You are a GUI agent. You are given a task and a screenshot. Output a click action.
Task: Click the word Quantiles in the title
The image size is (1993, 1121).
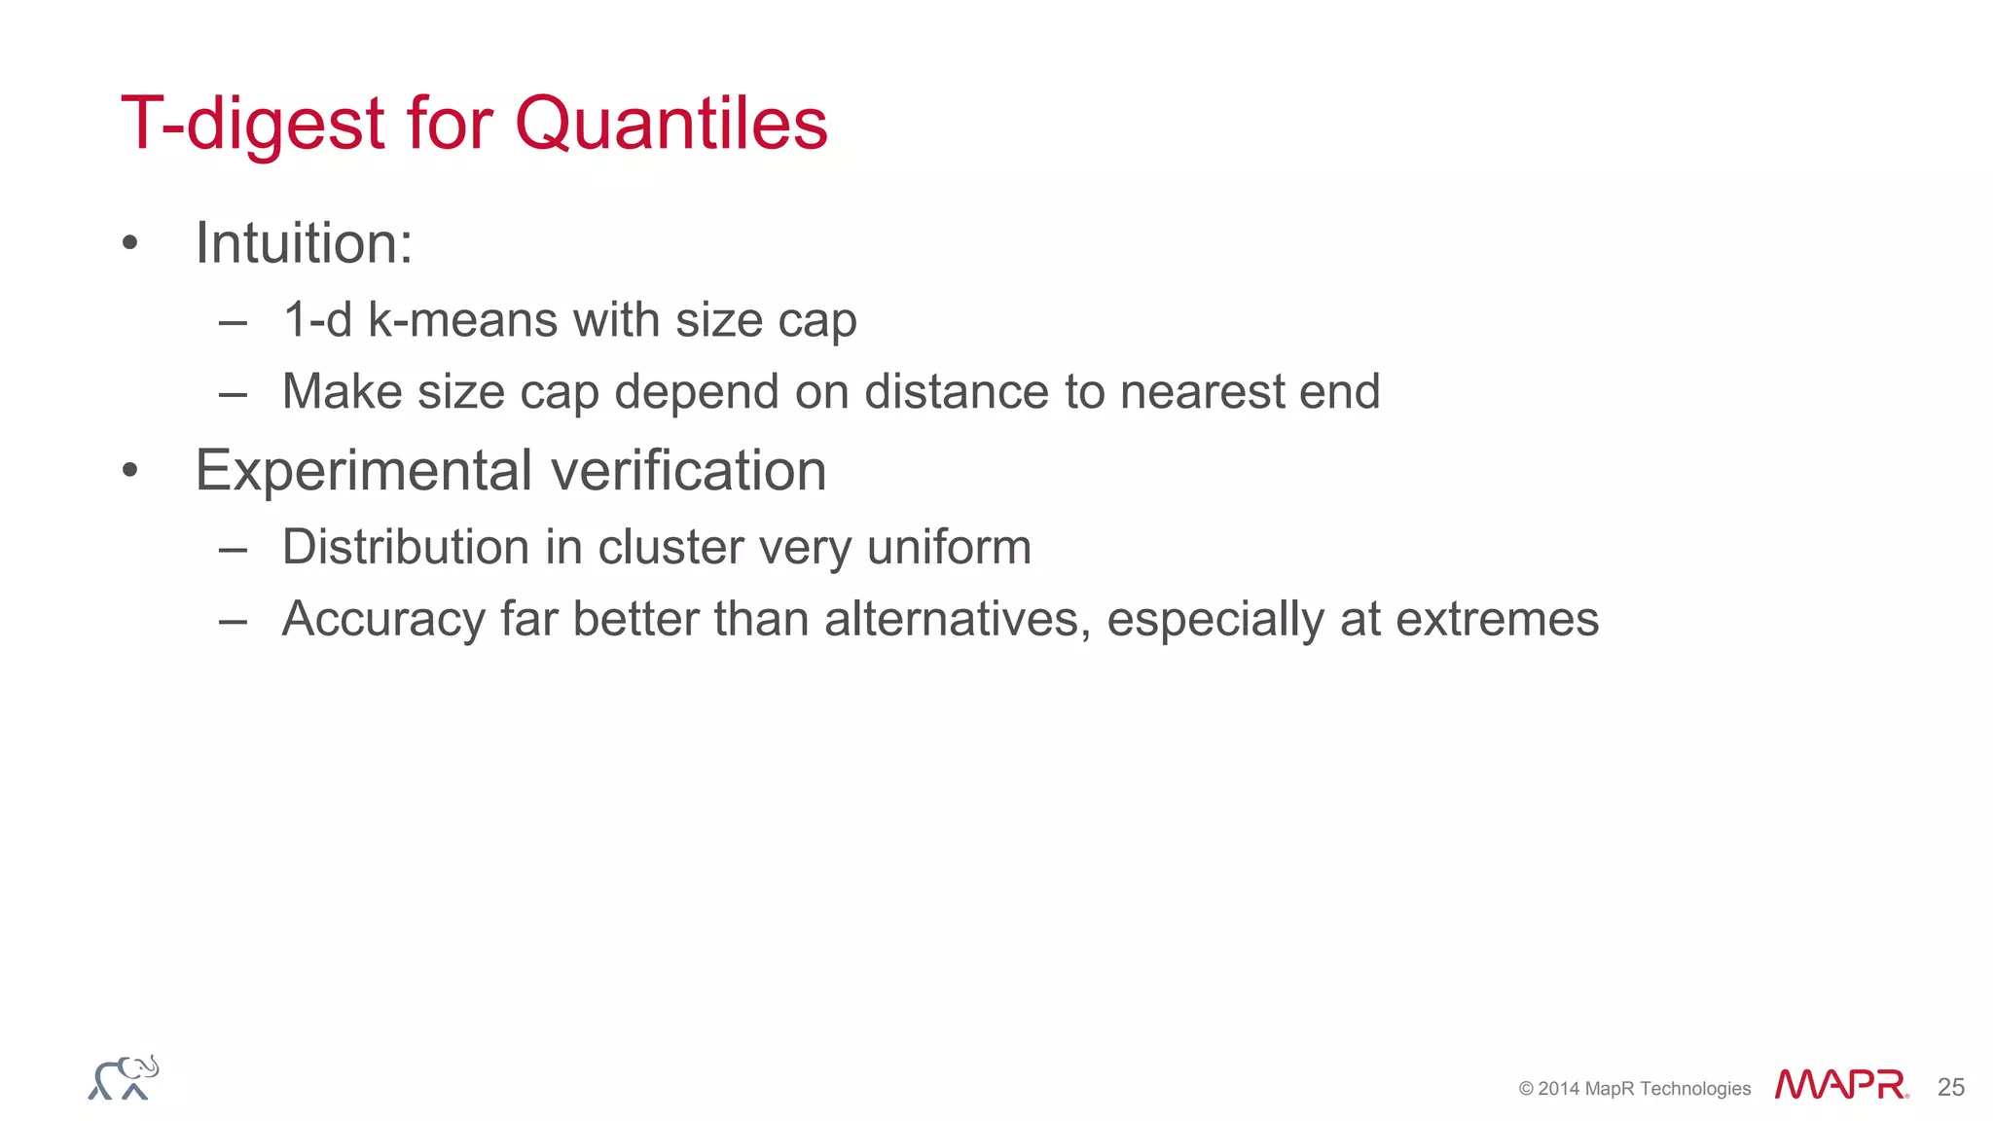[670, 125]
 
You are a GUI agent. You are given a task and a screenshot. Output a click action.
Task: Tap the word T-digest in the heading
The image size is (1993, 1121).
[253, 125]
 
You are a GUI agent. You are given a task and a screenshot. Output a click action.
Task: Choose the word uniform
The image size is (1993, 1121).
[949, 547]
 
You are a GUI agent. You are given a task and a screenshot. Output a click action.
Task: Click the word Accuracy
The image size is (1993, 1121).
[382, 620]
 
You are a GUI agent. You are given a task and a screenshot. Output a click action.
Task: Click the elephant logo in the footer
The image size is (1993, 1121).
[124, 1078]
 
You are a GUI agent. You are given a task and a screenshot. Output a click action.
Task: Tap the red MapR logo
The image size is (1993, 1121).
[1840, 1085]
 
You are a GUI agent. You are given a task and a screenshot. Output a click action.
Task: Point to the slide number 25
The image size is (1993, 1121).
[1950, 1087]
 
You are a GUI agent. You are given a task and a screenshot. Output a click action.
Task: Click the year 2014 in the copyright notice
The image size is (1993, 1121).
[1559, 1089]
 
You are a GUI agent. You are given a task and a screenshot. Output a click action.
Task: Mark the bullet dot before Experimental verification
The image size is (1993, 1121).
[130, 472]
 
